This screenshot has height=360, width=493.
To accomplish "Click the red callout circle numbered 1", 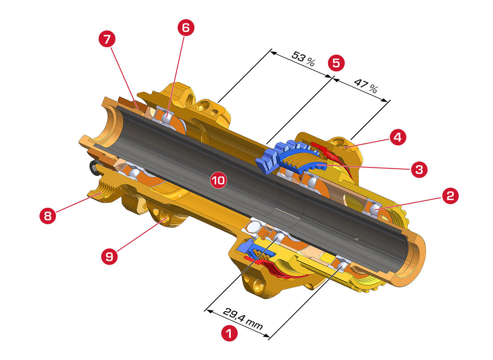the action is coord(229,333).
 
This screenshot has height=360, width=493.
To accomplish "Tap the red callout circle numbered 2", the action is coord(450,196).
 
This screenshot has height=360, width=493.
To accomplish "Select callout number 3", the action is coord(419,170).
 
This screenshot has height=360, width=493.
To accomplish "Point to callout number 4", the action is coord(398,137).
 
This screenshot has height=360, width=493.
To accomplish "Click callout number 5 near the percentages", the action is coord(336,63).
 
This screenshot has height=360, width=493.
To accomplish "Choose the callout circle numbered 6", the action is coord(186,28).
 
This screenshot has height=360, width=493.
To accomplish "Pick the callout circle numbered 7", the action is coord(107,39).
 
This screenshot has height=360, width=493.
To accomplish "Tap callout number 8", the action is coord(48,216).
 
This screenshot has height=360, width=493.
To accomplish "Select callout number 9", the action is coord(109,257).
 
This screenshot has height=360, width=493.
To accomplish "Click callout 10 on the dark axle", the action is coord(219,180).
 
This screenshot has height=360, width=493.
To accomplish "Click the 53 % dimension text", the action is coord(303,59).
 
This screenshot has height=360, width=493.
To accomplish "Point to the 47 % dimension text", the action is coord(366,86).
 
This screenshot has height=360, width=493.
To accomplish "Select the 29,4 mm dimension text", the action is coord(243,318).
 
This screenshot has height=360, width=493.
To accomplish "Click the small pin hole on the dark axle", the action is coord(357,238).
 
